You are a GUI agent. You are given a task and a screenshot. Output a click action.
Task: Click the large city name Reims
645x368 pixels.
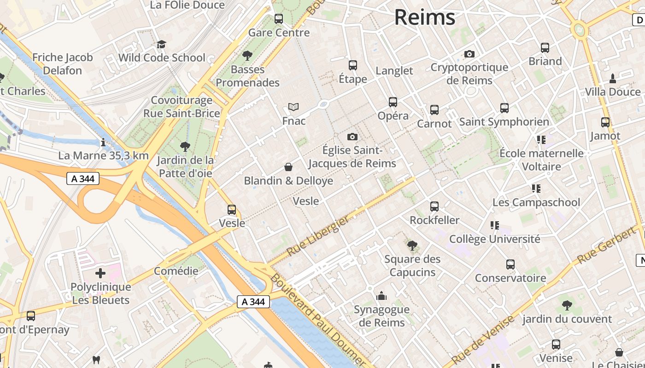point(424,17)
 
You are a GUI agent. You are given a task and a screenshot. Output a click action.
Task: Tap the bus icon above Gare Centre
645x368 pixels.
point(279,19)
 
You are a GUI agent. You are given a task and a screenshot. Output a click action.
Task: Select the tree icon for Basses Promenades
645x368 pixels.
point(247,56)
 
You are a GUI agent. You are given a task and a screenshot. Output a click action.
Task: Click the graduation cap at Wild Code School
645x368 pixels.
point(161,44)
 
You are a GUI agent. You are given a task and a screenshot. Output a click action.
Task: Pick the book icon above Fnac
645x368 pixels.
point(293,107)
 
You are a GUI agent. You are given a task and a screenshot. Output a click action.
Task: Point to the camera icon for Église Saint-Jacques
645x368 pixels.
point(352,137)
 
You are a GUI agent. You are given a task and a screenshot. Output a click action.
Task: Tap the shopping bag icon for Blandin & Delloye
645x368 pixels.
point(288,167)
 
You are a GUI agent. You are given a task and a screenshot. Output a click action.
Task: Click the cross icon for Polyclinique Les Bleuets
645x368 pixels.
point(100,273)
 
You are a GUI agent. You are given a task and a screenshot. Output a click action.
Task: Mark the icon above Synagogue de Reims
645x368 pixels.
point(381,296)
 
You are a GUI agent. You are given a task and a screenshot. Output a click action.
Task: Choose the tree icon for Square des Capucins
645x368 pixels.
point(412,246)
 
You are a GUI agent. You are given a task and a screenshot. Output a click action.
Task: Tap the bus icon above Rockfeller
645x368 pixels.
point(434,207)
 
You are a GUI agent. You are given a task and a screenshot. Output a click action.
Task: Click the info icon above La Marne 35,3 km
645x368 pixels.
point(103,142)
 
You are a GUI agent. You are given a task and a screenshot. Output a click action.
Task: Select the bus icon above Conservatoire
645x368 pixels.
point(510,264)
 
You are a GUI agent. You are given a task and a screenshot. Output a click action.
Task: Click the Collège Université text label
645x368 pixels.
point(494,239)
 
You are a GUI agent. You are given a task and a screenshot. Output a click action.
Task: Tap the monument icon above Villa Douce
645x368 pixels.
point(612,79)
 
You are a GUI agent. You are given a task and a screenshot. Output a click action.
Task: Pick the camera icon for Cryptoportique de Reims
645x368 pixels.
point(469,54)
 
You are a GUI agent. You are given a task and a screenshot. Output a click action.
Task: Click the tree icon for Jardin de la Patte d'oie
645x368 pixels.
point(185,147)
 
